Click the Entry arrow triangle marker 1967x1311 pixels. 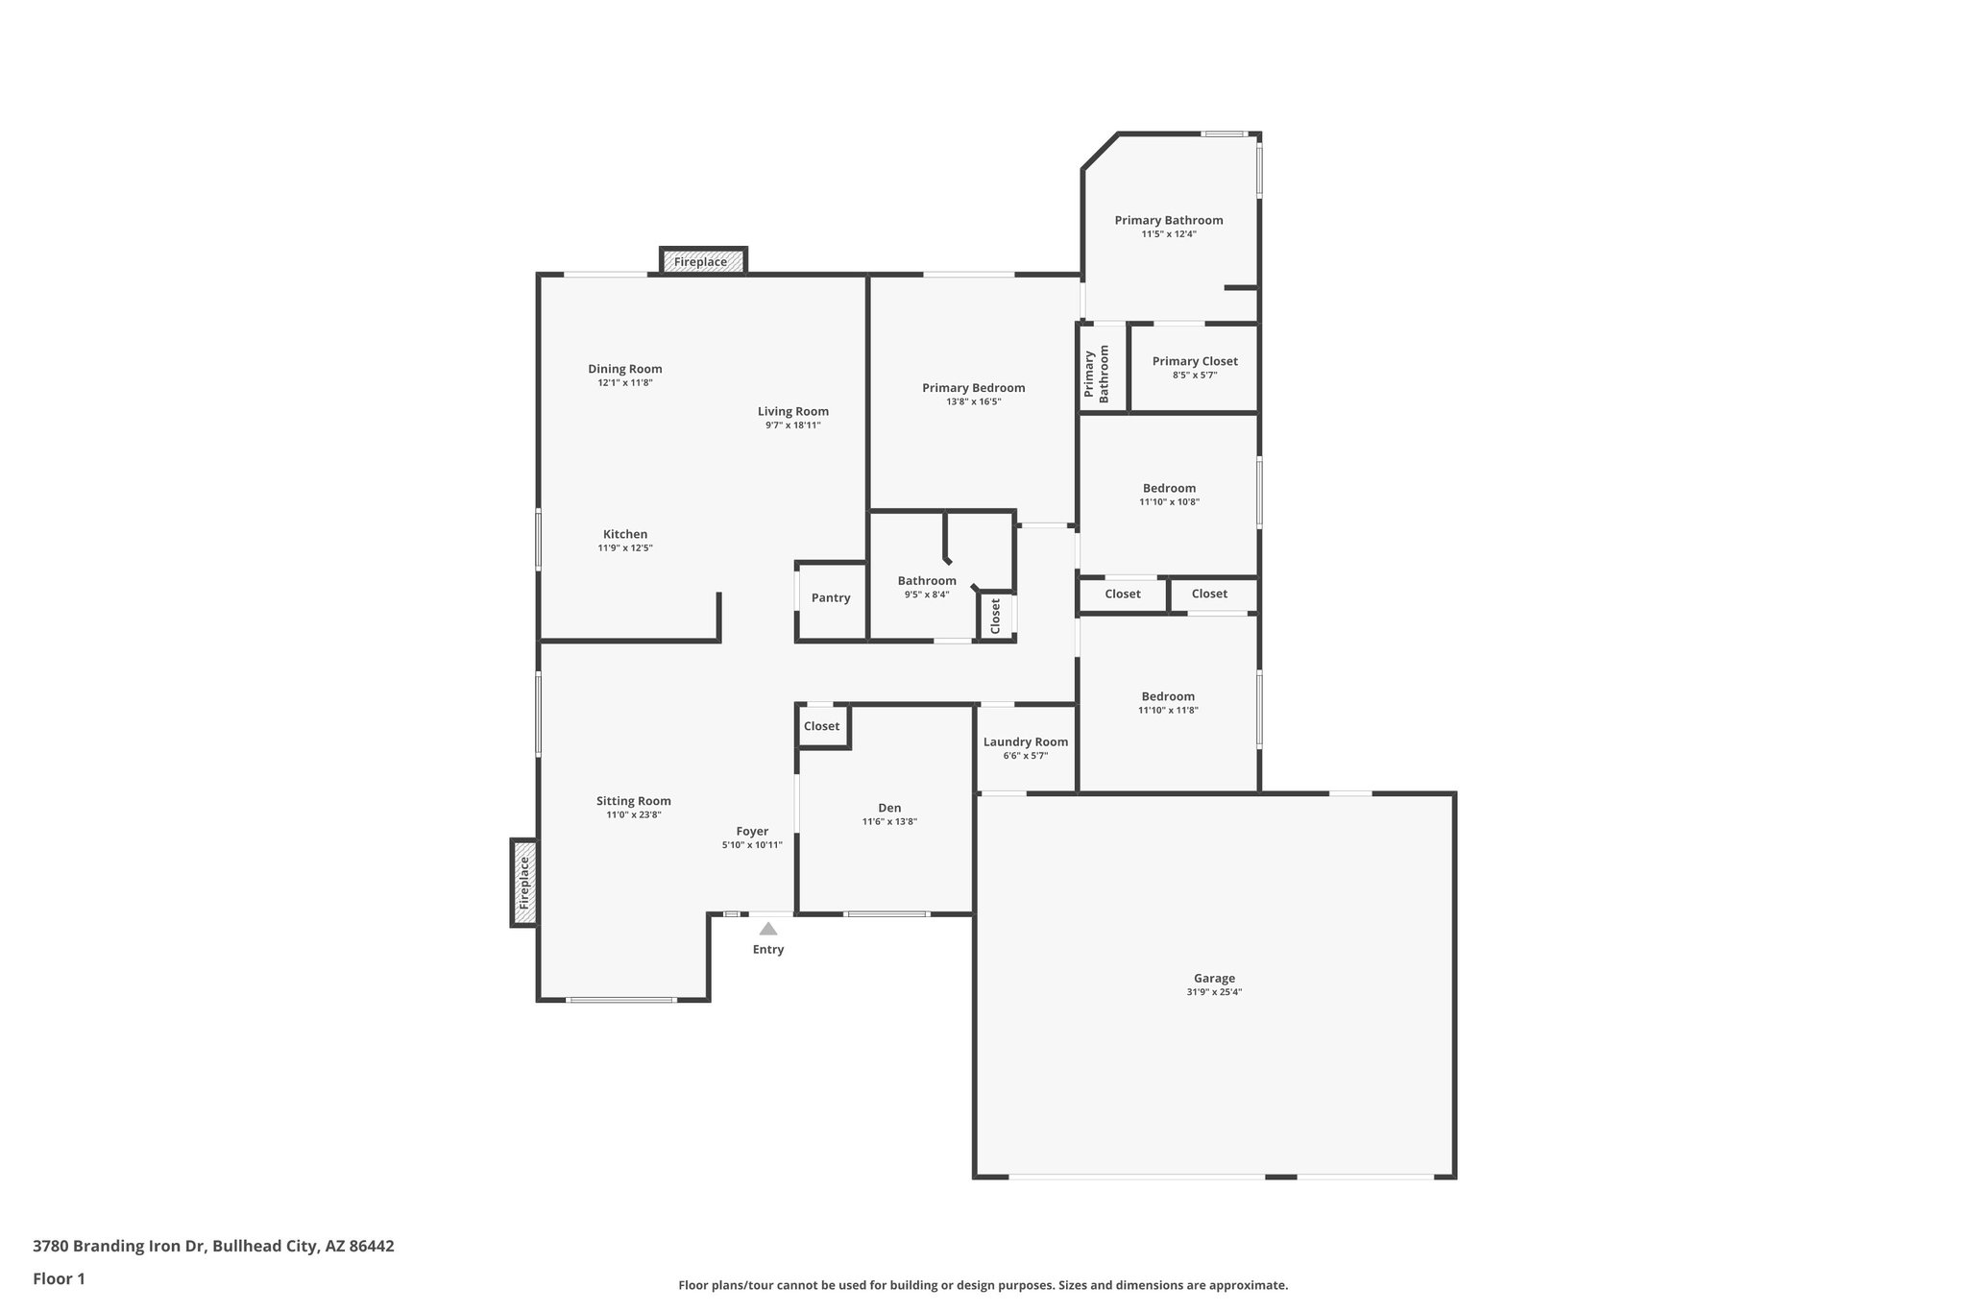click(767, 929)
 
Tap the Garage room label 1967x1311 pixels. click(1214, 979)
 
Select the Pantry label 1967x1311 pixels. click(831, 598)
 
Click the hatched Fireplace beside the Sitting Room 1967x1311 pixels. click(523, 884)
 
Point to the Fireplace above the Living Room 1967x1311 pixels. click(701, 261)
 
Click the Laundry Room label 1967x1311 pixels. click(1026, 741)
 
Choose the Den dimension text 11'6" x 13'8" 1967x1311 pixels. click(889, 822)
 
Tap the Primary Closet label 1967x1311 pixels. click(1195, 361)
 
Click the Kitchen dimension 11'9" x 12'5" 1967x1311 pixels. click(625, 548)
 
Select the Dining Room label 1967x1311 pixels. click(625, 369)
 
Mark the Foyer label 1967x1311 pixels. click(752, 832)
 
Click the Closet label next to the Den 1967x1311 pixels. click(821, 727)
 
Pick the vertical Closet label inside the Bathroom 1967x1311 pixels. click(995, 616)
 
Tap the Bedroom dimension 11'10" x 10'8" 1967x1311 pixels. click(1169, 502)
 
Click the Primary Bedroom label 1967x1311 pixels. click(973, 388)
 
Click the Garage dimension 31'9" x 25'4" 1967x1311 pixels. click(1214, 993)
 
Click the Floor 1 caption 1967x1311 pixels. click(59, 1279)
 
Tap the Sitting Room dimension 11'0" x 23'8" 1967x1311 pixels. click(633, 815)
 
